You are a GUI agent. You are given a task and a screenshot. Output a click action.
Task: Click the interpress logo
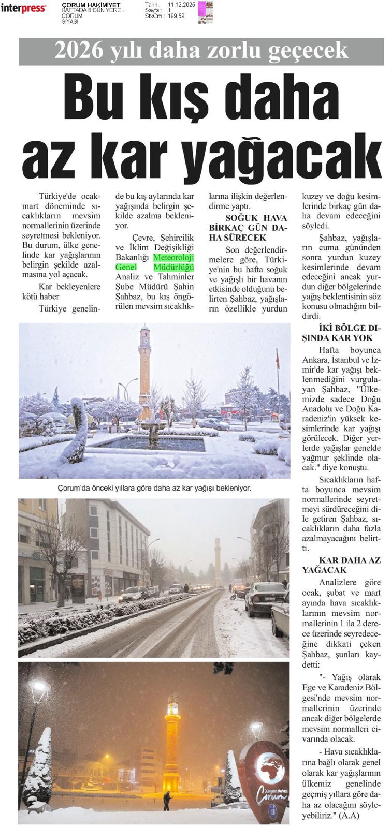pyautogui.click(x=23, y=8)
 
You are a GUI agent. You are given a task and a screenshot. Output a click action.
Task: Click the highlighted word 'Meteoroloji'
pyautogui.click(x=173, y=258)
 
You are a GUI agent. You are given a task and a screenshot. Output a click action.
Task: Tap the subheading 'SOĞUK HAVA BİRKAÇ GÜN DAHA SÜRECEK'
pyautogui.click(x=248, y=228)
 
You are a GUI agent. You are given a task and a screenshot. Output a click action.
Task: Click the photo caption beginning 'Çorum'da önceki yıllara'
pyautogui.click(x=154, y=487)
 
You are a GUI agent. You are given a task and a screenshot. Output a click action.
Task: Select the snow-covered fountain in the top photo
pyautogui.click(x=154, y=430)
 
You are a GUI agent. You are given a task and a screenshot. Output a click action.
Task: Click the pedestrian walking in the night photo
pyautogui.click(x=167, y=800)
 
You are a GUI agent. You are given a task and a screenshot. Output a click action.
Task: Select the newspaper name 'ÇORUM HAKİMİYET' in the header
pyautogui.click(x=91, y=5)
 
